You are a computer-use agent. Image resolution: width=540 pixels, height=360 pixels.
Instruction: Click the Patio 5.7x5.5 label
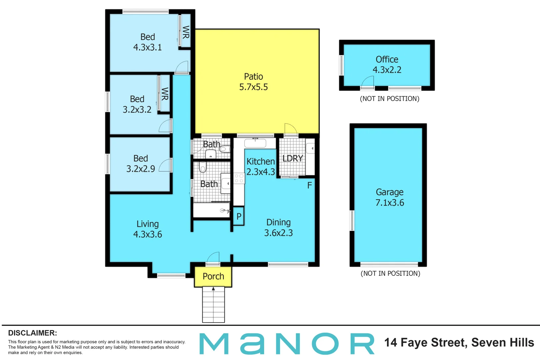253,82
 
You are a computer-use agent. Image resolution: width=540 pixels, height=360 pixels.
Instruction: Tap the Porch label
213,276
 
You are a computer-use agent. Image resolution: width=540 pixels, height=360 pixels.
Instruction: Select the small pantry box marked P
239,216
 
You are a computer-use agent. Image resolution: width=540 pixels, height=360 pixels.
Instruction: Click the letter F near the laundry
309,185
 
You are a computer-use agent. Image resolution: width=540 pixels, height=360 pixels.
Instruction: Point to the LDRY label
293,158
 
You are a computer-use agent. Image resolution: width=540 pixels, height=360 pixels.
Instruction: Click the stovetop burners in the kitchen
239,178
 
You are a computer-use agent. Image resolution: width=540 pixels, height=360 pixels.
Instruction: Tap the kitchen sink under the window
255,143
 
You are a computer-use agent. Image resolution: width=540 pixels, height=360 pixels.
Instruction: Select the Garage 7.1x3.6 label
389,197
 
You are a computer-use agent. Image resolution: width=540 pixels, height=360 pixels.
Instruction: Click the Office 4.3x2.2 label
387,64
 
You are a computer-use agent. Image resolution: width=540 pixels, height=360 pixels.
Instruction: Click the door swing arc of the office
368,82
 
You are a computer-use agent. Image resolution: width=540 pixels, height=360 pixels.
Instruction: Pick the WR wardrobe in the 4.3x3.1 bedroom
186,32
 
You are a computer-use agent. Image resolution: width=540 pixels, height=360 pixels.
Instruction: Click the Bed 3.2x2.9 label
140,163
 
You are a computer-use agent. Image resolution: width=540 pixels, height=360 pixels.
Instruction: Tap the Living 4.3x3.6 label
147,229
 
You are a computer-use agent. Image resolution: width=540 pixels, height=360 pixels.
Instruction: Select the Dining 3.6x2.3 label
278,227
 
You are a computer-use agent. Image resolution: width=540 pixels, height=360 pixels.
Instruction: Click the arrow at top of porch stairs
213,289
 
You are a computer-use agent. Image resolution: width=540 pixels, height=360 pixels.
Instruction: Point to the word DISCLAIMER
32,333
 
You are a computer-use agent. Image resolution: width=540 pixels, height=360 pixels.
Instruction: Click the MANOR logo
287,343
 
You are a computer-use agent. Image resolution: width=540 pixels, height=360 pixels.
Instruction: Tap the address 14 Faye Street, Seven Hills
459,343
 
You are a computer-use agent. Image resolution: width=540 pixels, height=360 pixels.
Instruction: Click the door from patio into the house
291,130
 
